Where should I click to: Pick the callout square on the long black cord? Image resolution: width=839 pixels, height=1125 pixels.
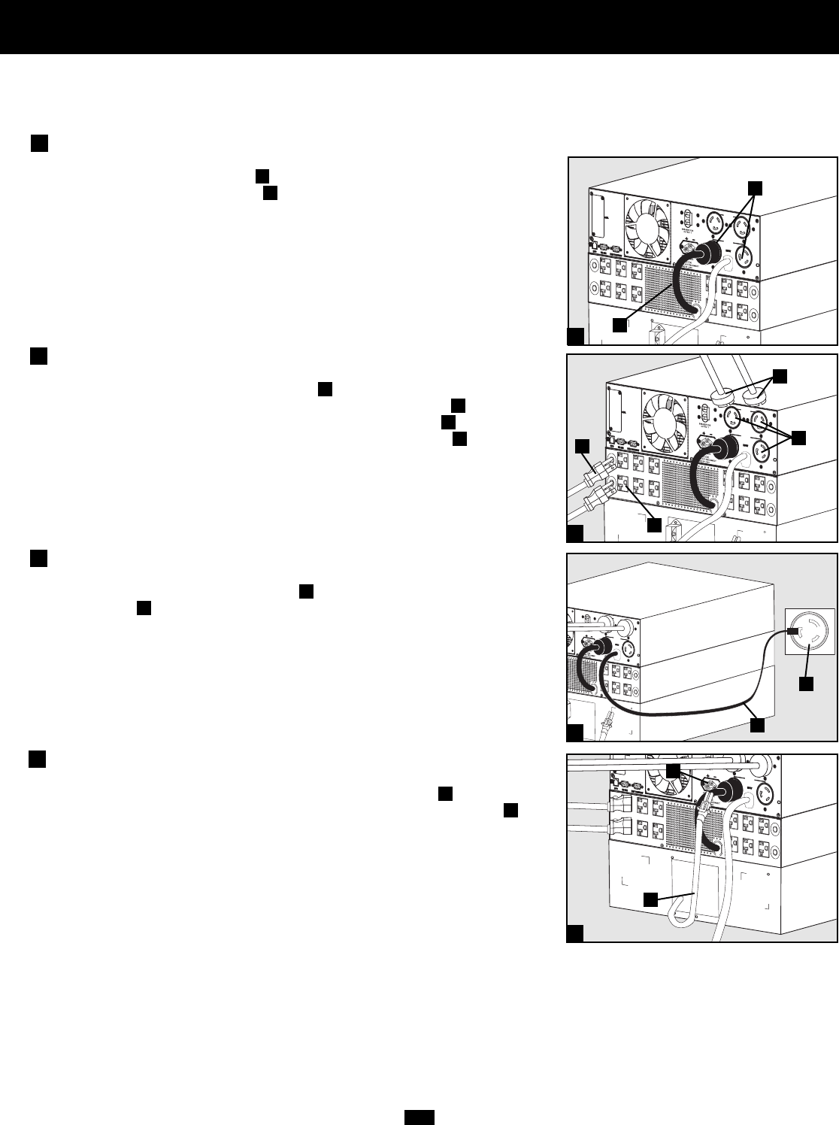tap(758, 724)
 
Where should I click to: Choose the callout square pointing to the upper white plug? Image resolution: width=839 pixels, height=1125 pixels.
tap(583, 447)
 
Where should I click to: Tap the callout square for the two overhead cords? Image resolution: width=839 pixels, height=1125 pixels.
tap(782, 374)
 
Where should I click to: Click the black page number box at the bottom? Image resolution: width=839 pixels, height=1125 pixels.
tap(419, 1117)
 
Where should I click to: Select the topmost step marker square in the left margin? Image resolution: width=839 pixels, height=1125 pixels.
tap(40, 144)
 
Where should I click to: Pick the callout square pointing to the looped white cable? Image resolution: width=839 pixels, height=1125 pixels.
tap(651, 899)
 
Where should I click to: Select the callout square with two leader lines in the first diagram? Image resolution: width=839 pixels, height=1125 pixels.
tap(756, 189)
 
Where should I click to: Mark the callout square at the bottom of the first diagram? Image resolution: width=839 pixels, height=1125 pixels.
tap(619, 325)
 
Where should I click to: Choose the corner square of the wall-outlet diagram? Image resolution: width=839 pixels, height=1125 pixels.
tap(575, 732)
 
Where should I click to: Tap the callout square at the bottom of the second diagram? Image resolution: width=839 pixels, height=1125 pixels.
tap(654, 526)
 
